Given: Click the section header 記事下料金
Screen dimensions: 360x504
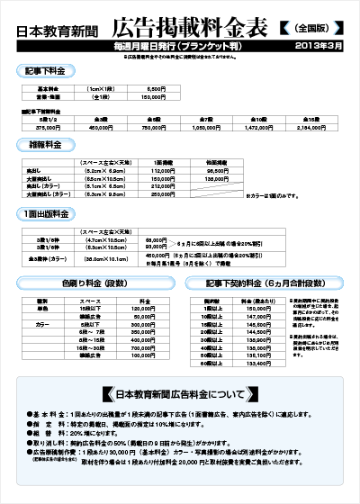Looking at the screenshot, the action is click(46, 69).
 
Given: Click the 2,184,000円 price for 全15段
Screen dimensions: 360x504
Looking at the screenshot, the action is click(309, 127).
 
